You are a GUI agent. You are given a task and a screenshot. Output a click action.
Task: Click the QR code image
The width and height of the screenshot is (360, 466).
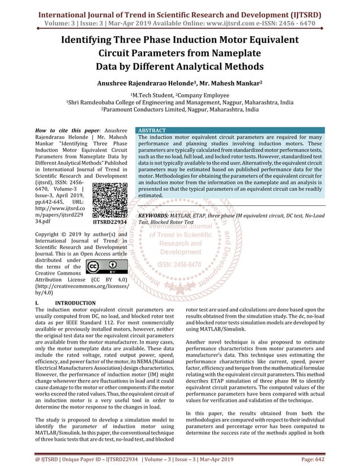click(x=108, y=200)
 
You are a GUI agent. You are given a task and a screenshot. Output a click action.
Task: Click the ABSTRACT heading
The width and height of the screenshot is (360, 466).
click(x=152, y=130)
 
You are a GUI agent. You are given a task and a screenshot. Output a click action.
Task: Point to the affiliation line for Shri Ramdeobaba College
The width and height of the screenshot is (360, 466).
click(x=179, y=103)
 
